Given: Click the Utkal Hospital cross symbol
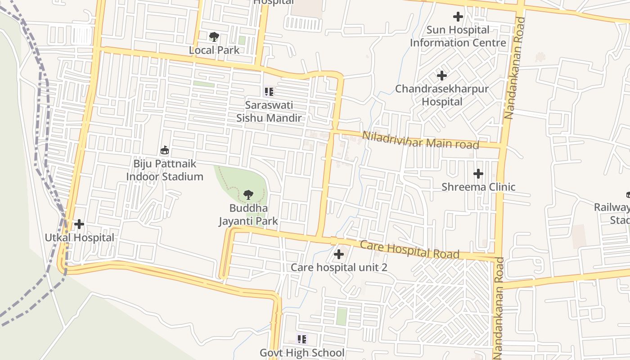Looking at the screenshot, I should click(x=79, y=224).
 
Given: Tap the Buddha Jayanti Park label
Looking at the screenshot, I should click(x=248, y=215).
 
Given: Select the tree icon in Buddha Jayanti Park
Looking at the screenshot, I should click(x=247, y=195).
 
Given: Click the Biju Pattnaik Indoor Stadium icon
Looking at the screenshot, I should click(x=165, y=150).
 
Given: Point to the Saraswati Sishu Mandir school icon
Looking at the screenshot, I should click(x=269, y=92).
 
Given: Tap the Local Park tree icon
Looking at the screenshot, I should click(x=214, y=36).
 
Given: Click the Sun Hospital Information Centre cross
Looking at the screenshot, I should click(x=458, y=17).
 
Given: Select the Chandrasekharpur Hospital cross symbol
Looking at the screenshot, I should click(x=442, y=75).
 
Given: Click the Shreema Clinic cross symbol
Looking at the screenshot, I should click(x=478, y=173).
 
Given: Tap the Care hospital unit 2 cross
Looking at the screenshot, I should click(x=338, y=254).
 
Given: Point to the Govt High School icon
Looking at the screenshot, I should click(x=301, y=339).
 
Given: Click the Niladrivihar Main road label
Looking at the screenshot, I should click(x=420, y=140).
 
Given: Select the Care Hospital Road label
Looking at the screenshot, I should click(x=409, y=250).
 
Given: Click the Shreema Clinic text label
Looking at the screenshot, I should click(x=478, y=187).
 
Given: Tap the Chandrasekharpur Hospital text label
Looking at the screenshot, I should click(x=442, y=95).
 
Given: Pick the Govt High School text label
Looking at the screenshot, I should click(x=302, y=353).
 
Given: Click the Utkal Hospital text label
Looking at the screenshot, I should click(x=79, y=237).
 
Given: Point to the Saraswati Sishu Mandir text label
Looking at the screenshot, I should click(x=269, y=112).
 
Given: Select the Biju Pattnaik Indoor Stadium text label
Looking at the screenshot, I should click(x=165, y=170).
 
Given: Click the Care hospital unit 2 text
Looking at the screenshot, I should click(x=339, y=267).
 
